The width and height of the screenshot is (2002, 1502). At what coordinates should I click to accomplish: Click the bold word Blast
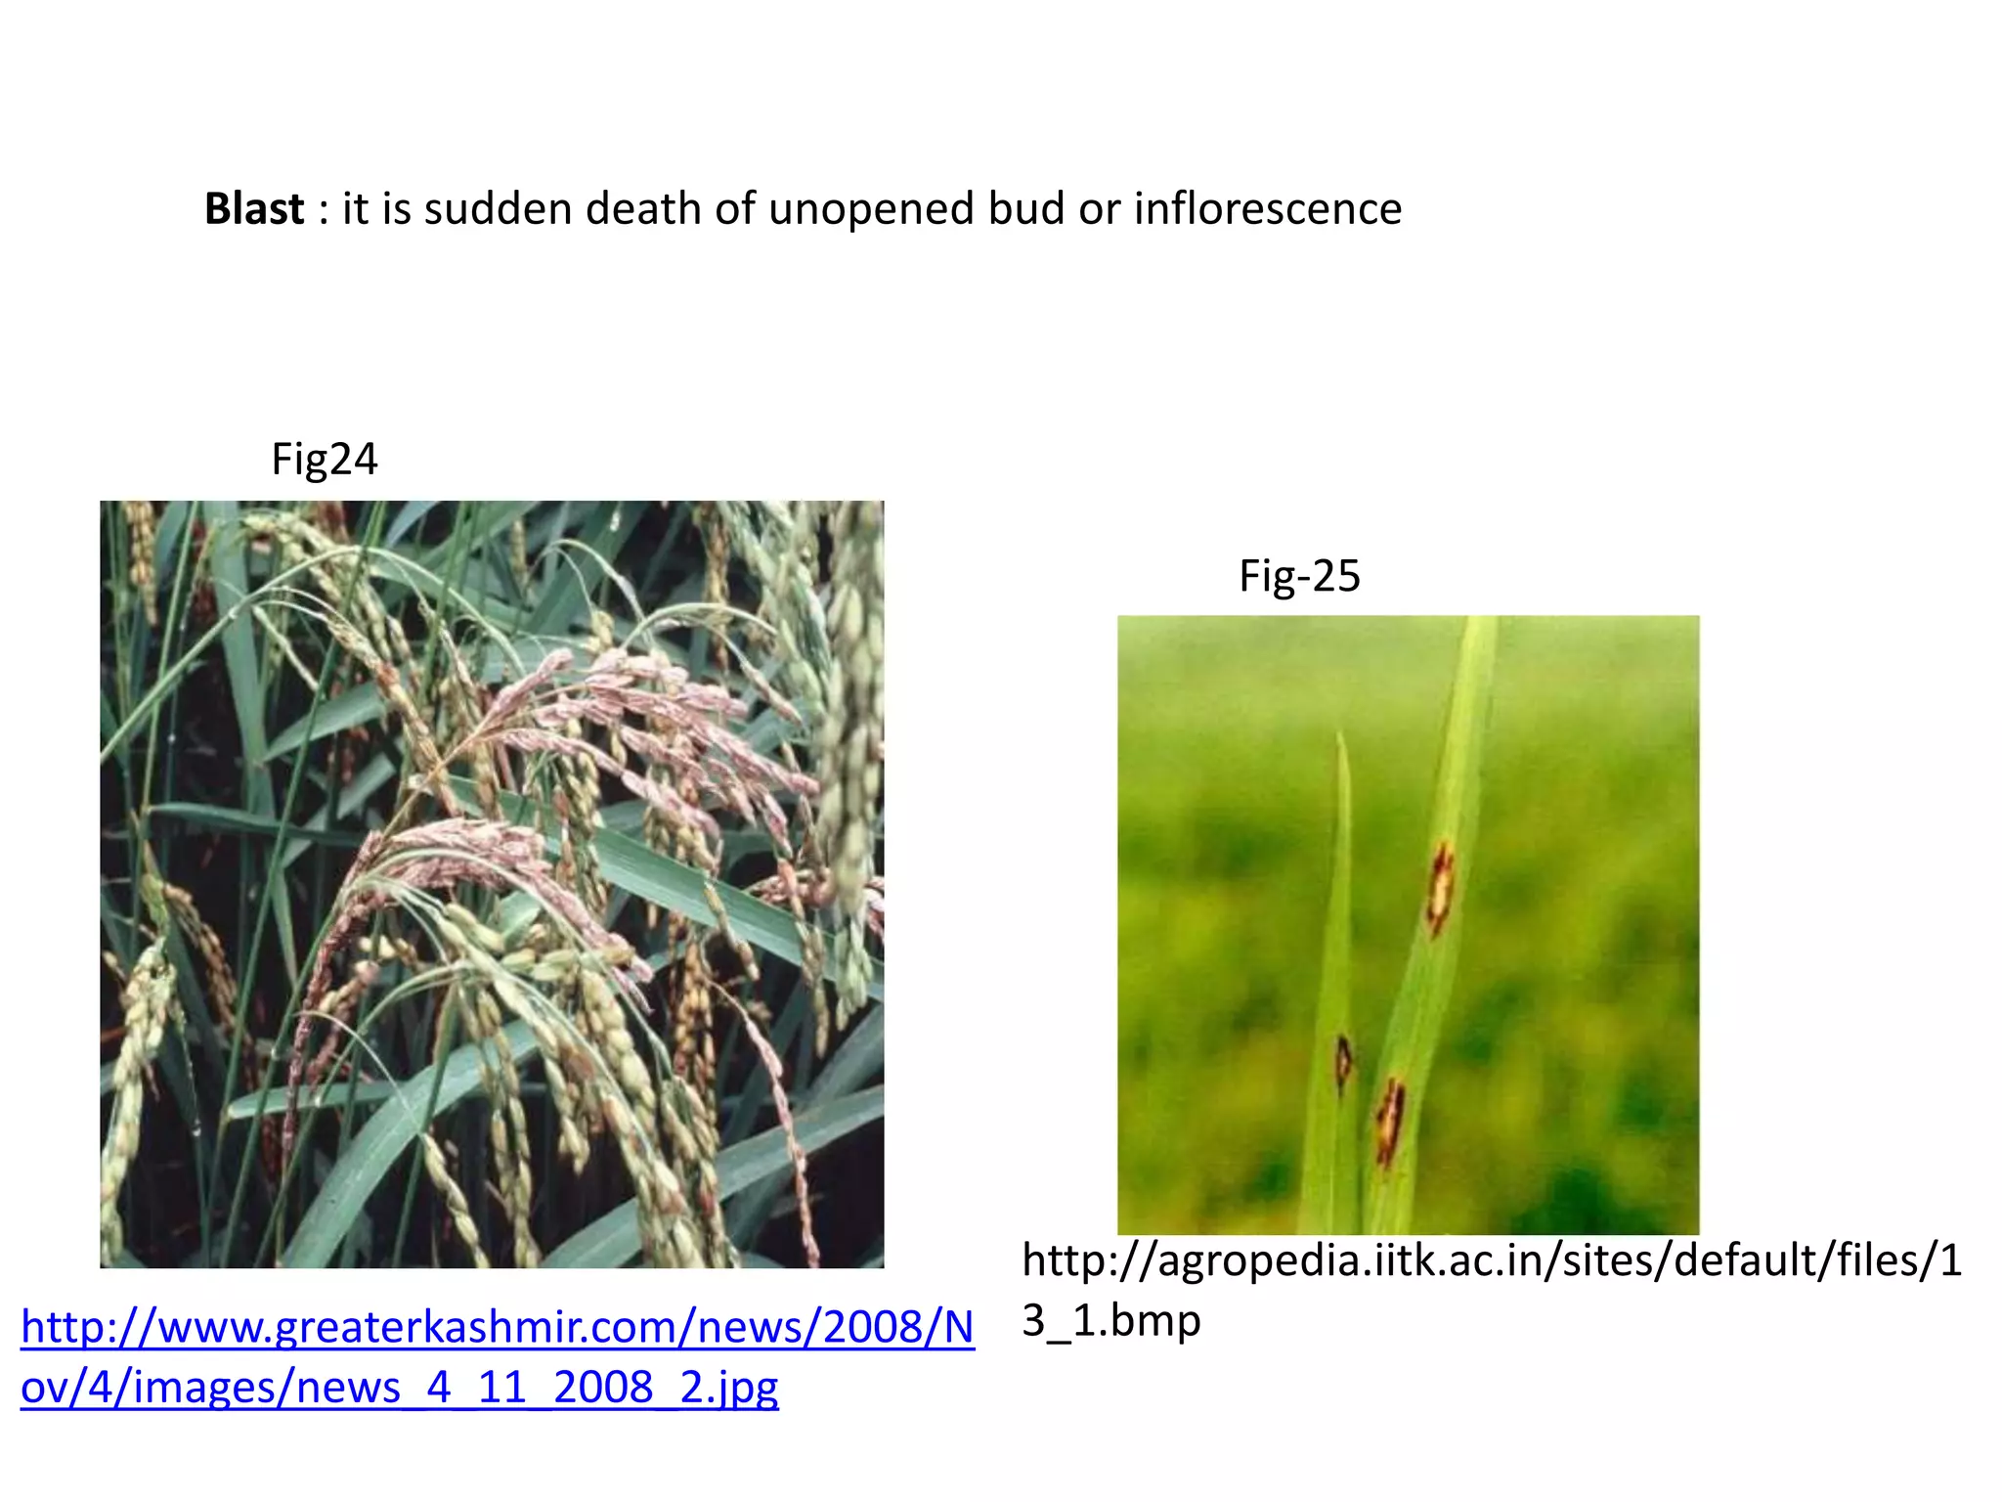point(254,209)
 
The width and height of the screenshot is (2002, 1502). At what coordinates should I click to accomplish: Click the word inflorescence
point(1268,209)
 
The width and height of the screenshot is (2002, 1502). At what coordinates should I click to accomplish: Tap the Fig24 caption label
point(324,460)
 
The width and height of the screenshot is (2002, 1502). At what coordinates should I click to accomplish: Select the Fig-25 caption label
point(1299,576)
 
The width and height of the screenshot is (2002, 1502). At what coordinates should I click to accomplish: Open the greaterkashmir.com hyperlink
point(498,1328)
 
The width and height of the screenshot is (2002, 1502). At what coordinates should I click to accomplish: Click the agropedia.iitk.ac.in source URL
point(1492,1261)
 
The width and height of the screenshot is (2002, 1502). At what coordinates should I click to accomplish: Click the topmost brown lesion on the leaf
point(1440,888)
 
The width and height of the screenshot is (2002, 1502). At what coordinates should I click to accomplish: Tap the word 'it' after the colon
point(354,209)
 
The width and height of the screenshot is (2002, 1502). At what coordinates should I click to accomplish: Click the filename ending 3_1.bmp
point(1110,1321)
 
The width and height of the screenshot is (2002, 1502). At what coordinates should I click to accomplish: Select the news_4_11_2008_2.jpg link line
point(399,1388)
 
